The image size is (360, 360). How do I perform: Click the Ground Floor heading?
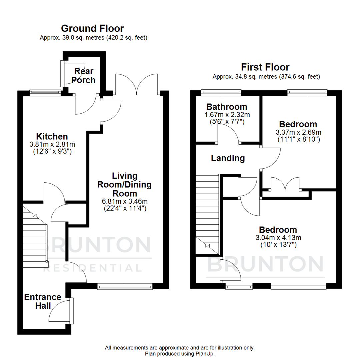pos(92,28)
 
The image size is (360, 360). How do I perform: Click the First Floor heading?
pos(266,67)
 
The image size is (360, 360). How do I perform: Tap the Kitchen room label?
pos(52,136)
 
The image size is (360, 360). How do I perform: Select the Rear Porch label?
pos(84,76)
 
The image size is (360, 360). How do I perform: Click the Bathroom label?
pos(227,107)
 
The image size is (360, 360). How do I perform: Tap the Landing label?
pos(228,158)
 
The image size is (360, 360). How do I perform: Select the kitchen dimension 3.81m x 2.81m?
pos(52,144)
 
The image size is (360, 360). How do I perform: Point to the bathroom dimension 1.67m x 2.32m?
pos(227,115)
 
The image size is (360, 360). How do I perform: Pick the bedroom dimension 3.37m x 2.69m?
pos(298,132)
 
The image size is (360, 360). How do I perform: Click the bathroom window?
pos(221,91)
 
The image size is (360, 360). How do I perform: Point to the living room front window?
pos(125,286)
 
